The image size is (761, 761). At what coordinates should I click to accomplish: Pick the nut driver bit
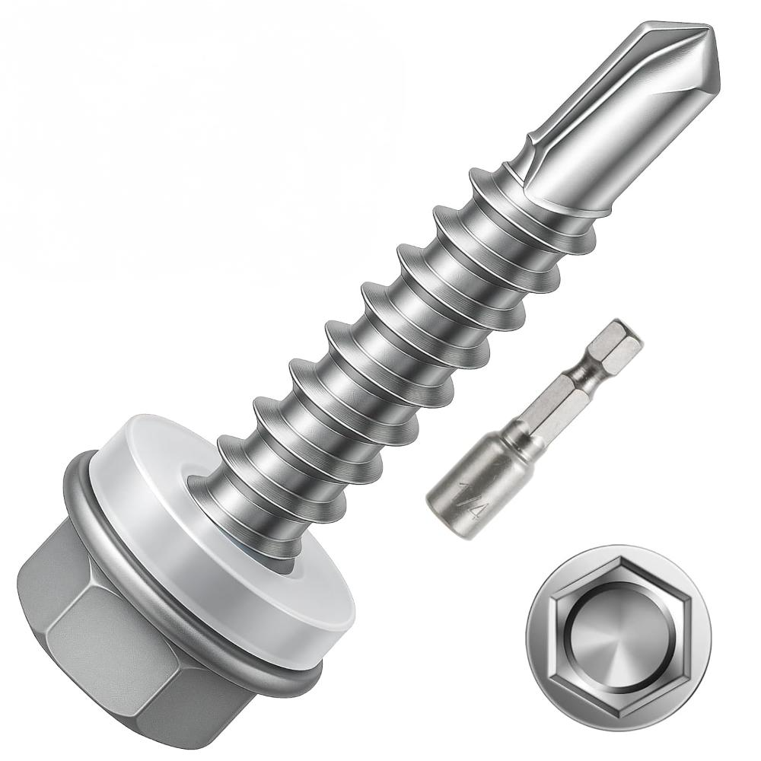[x=533, y=426]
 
